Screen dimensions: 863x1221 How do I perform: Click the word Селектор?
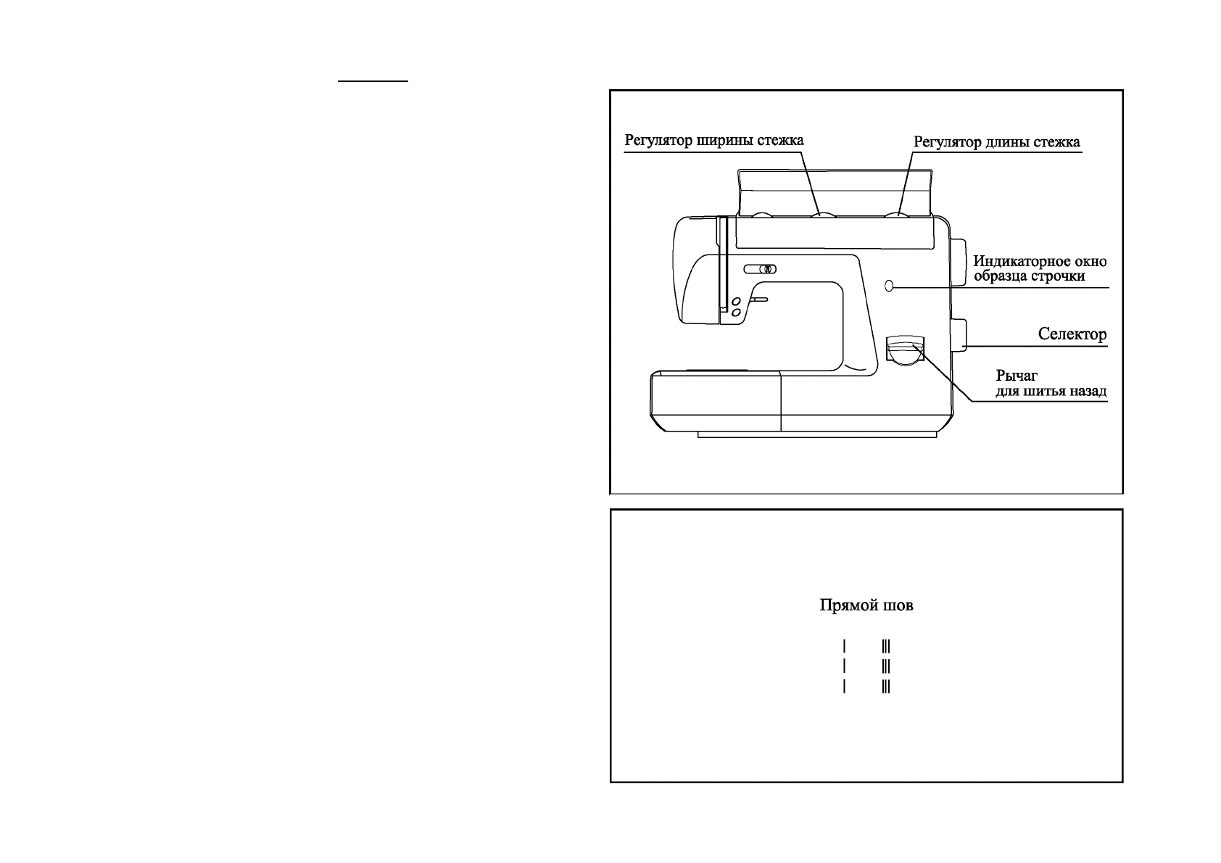tap(1072, 335)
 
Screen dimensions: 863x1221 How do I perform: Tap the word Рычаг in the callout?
tap(1017, 376)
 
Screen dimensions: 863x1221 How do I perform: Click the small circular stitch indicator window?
tap(890, 286)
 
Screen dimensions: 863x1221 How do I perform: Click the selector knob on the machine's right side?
tap(959, 334)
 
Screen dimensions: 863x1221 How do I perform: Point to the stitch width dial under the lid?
tap(824, 213)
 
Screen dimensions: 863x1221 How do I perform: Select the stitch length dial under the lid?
tap(897, 213)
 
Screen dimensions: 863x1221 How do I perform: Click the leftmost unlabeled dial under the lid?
tap(761, 214)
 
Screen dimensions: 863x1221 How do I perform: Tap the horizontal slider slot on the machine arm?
tap(760, 269)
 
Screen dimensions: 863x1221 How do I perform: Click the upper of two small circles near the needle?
tap(735, 301)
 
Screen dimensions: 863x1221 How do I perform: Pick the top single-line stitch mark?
tap(845, 645)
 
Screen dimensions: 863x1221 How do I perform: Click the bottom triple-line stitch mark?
tap(886, 686)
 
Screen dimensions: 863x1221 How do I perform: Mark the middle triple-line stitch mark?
tap(886, 665)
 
